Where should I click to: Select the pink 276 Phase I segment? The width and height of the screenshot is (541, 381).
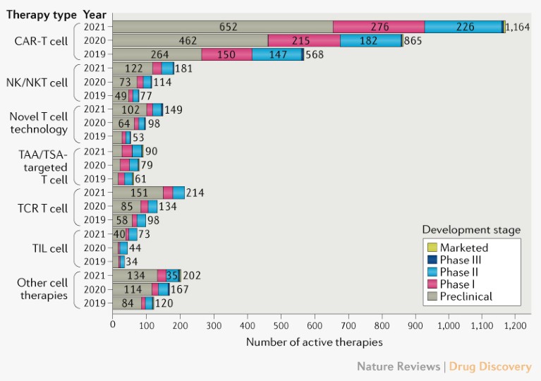[379, 27]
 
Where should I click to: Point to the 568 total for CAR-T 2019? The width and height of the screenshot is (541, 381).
[315, 54]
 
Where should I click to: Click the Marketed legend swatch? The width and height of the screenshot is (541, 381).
[432, 248]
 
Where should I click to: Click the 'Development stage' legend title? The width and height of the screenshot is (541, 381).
[471, 230]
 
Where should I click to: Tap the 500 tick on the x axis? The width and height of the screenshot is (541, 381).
[280, 327]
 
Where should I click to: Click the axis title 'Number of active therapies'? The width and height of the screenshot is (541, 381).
[314, 342]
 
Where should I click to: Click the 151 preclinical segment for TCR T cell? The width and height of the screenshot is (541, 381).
[137, 193]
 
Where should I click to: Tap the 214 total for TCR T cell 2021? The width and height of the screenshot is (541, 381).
[195, 193]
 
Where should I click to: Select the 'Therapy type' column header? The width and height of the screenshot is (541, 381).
[41, 13]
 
